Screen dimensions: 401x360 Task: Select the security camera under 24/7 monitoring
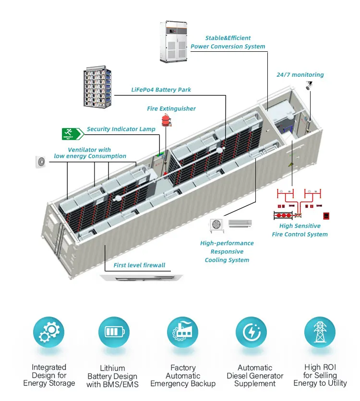click(x=309, y=85)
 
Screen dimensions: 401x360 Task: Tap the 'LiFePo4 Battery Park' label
click(x=161, y=90)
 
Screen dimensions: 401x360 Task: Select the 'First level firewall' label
click(x=139, y=265)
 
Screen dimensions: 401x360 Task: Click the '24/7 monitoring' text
click(x=300, y=75)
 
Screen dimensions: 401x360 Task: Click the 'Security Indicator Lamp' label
click(x=121, y=129)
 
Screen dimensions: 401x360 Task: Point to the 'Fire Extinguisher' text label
click(x=171, y=109)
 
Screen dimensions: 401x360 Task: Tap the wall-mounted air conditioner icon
click(x=240, y=223)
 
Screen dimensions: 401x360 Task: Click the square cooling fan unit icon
click(x=216, y=224)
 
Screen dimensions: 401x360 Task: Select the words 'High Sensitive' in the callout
click(x=300, y=226)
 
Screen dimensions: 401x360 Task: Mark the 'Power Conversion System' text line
click(x=228, y=47)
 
